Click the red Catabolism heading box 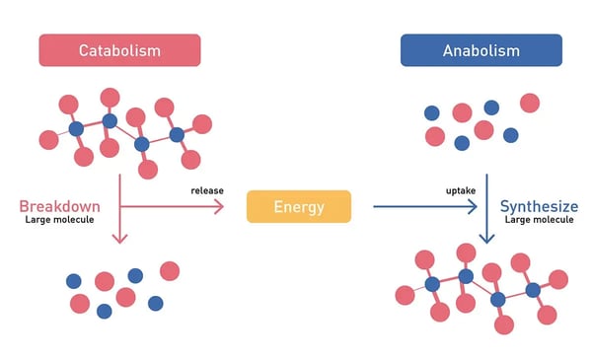118,50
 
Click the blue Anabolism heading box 481,50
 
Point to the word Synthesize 539,206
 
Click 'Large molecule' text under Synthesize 539,221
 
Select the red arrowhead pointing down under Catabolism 118,237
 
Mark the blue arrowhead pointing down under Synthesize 486,238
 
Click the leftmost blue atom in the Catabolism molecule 76,129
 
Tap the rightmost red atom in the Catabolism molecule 202,124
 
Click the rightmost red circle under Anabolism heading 530,103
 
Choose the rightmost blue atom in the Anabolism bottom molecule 533,290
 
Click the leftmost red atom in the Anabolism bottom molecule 404,295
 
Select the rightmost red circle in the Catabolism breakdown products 170,270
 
